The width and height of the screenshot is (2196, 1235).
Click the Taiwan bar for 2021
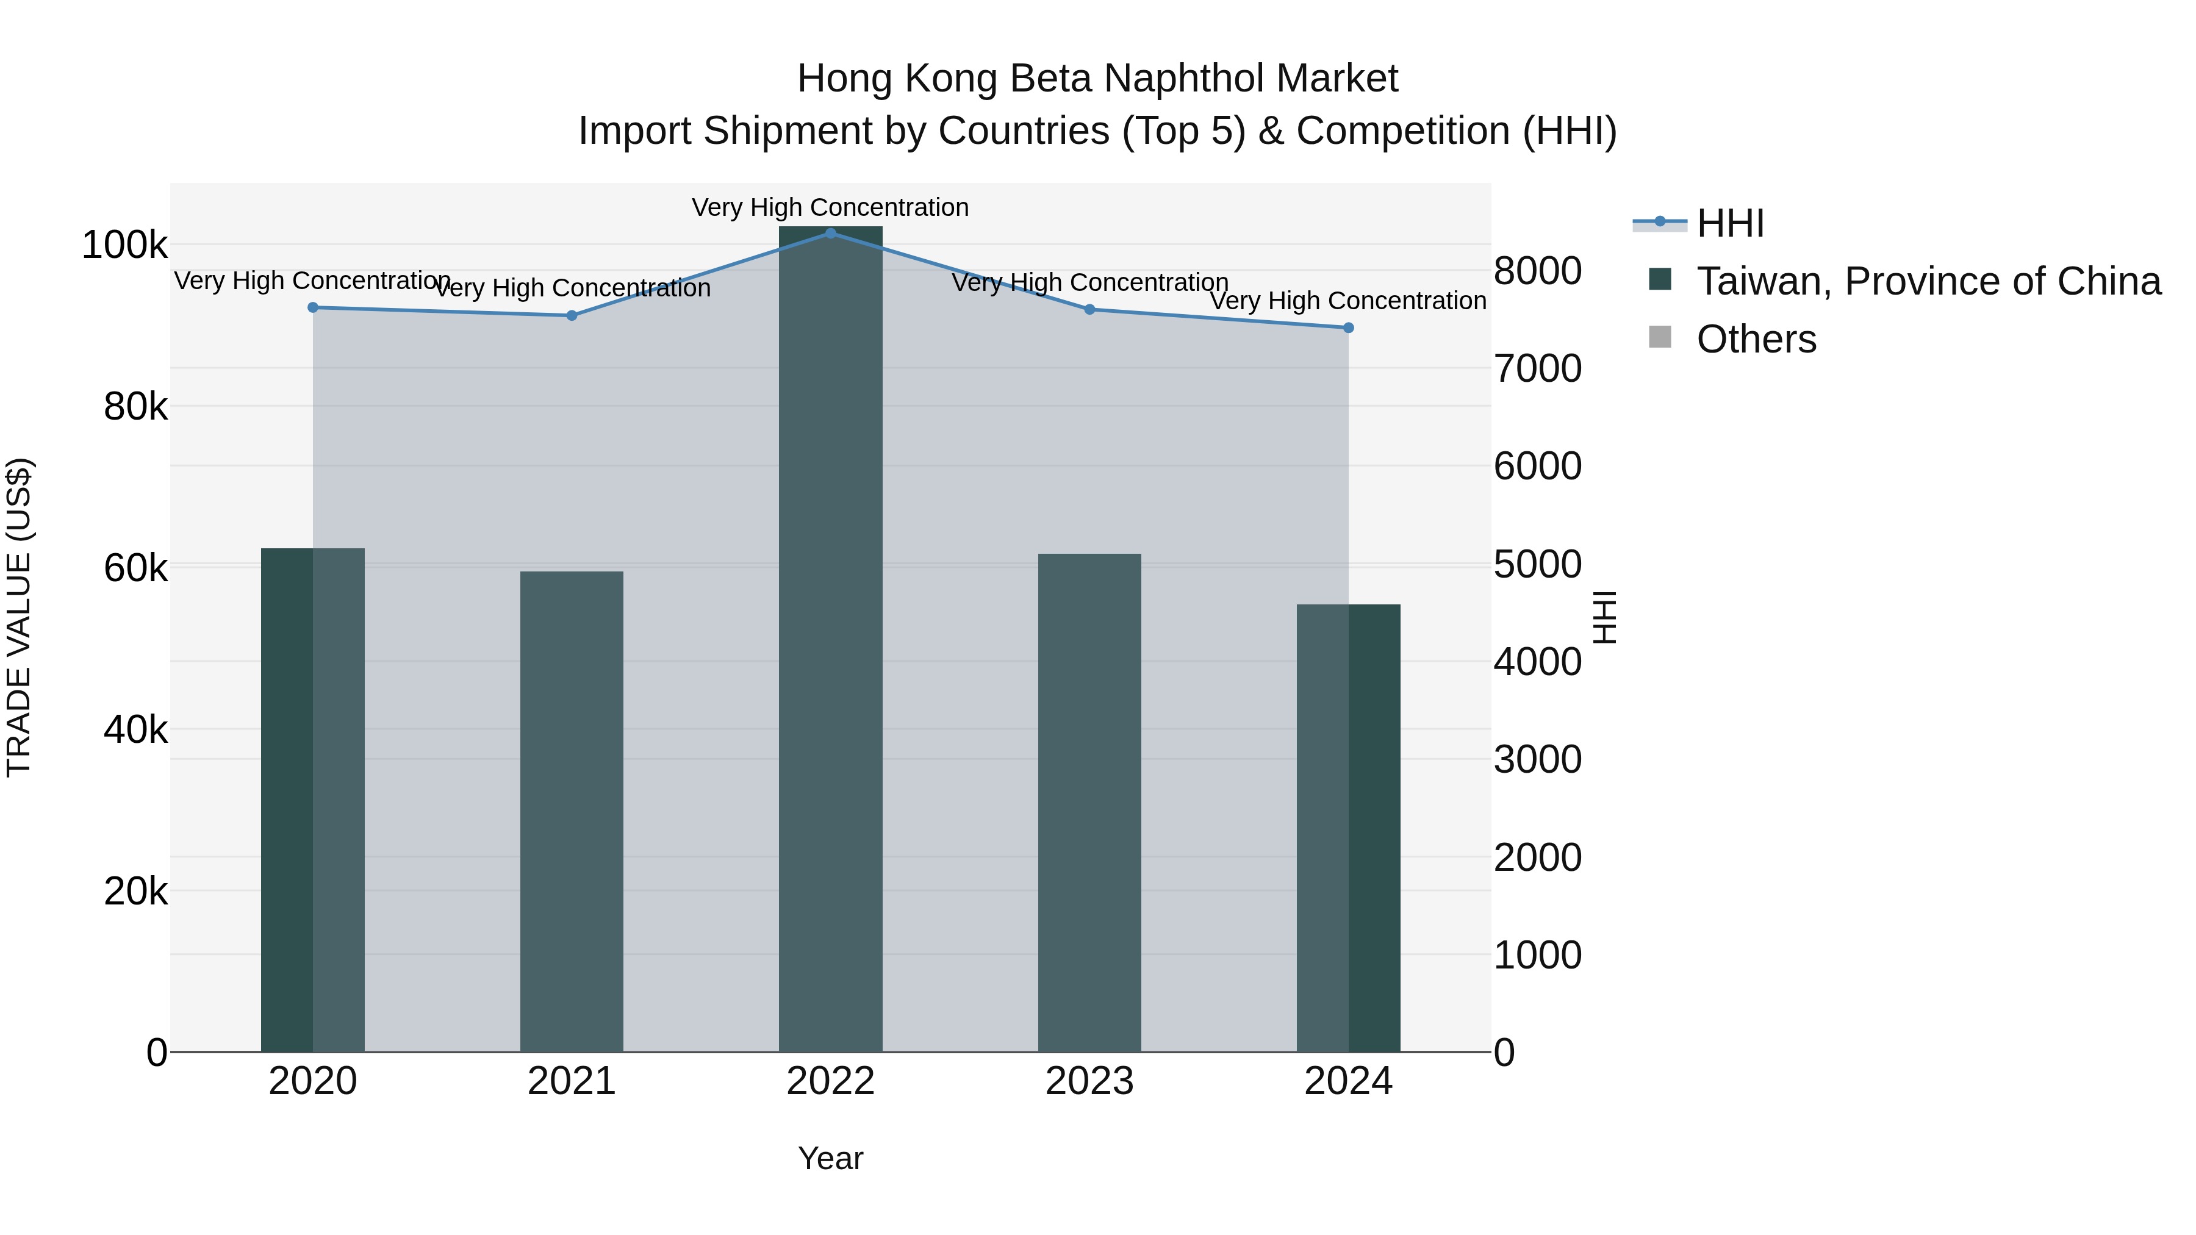[x=571, y=811]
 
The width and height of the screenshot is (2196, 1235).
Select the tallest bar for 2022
[x=830, y=639]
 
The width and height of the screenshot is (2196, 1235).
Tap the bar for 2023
[x=1089, y=802]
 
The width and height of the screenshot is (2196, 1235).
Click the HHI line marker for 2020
[x=313, y=308]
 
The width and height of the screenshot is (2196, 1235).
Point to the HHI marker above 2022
[x=830, y=233]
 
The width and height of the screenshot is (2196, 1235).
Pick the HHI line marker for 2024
[x=1347, y=328]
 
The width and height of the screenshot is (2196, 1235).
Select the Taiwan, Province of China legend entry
[x=1928, y=281]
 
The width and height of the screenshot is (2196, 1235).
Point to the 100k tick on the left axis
[x=124, y=245]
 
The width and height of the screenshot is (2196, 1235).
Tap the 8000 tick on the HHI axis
[x=1537, y=271]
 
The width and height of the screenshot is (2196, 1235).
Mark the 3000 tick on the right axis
[x=1537, y=759]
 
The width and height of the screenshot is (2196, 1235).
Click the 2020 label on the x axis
[x=313, y=1081]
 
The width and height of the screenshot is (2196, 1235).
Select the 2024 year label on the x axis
[x=1347, y=1081]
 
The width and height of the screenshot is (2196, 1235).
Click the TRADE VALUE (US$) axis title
[x=19, y=617]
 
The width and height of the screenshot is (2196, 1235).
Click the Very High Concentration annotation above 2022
[x=830, y=208]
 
